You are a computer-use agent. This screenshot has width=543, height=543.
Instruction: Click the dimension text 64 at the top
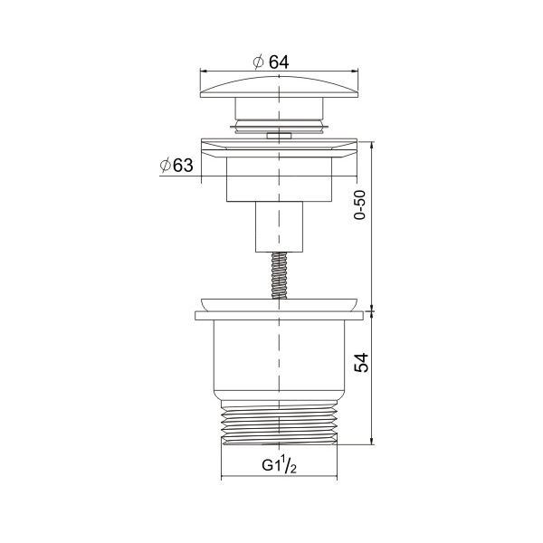(279, 62)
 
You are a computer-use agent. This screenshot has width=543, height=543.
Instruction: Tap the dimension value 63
(183, 166)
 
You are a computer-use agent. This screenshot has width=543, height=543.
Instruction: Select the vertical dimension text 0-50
(360, 205)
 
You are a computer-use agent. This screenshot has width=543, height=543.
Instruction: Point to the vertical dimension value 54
(361, 363)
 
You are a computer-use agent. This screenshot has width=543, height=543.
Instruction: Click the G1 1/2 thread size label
(279, 465)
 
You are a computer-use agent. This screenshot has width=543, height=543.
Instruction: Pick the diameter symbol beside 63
(166, 166)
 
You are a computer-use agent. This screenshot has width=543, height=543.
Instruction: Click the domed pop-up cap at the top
(279, 87)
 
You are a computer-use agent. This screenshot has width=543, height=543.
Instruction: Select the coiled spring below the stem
(279, 275)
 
